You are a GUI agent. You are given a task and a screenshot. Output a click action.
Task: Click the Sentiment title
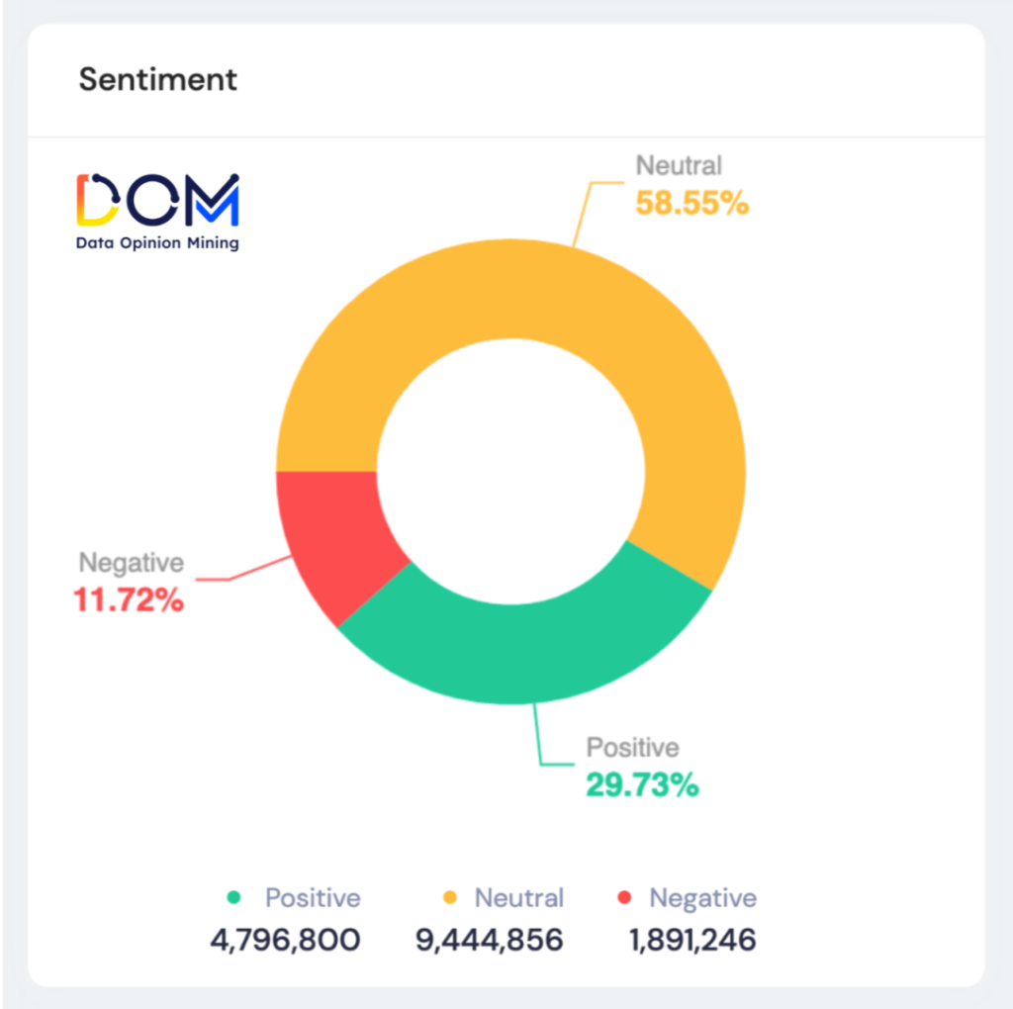(x=158, y=79)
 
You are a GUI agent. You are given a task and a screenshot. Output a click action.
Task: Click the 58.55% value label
(x=691, y=204)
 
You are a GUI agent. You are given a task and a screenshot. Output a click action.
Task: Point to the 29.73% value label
(x=642, y=785)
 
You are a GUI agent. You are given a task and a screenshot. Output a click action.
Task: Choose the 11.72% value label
(x=129, y=599)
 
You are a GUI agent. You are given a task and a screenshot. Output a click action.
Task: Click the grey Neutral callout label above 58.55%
(x=679, y=166)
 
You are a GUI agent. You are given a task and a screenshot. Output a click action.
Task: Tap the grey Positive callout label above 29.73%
(x=633, y=748)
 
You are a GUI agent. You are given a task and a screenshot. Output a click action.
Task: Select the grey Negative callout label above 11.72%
(x=132, y=563)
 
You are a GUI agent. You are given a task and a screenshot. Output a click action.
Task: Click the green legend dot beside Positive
(x=234, y=898)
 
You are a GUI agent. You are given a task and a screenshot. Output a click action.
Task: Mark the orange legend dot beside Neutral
(x=449, y=898)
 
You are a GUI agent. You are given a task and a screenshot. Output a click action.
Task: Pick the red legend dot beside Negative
(x=623, y=898)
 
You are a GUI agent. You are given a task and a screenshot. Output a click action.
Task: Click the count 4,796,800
(x=285, y=940)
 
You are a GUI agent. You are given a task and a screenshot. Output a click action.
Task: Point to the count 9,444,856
(x=490, y=940)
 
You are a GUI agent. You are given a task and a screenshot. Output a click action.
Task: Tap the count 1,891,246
(x=692, y=940)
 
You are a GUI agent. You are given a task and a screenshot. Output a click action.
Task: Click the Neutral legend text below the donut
(x=519, y=898)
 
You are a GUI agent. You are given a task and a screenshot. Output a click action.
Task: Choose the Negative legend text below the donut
(x=702, y=898)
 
